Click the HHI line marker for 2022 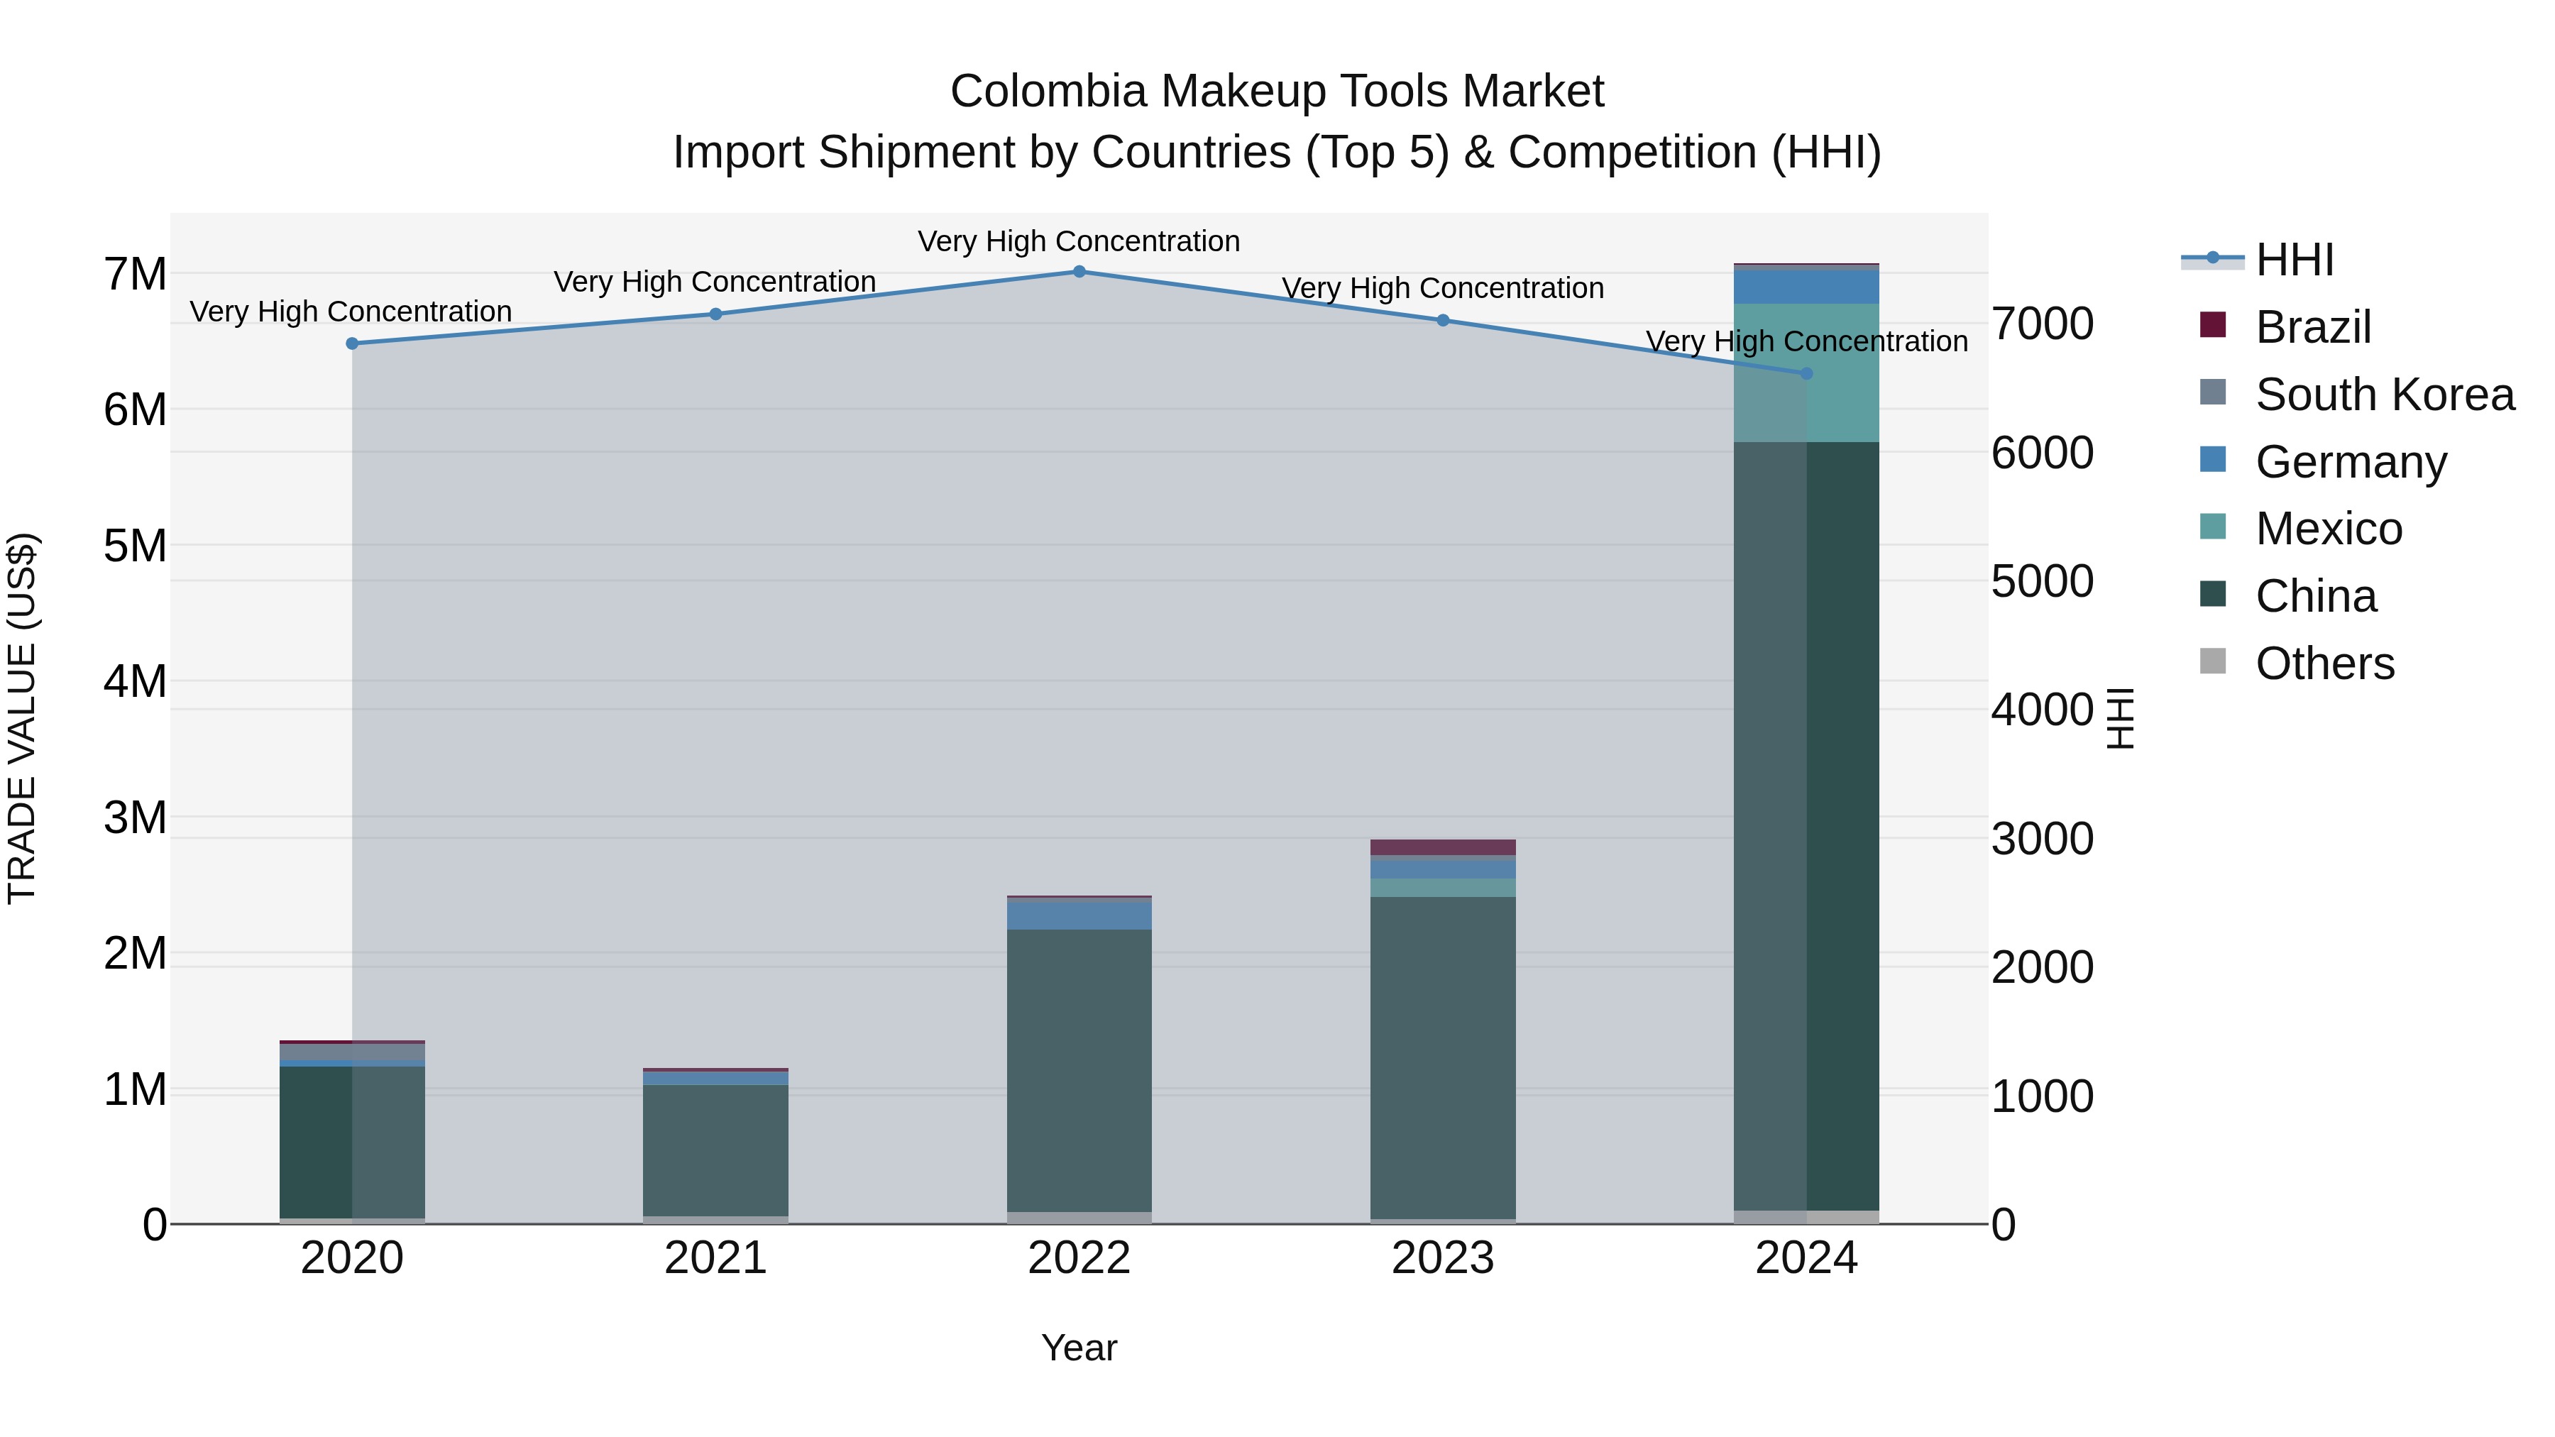point(1079,271)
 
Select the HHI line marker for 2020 point(352,343)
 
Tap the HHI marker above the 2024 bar point(1806,374)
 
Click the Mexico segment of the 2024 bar point(1806,407)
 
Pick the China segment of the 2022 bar point(1079,1071)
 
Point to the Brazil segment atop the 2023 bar point(1443,847)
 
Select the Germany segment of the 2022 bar point(1079,915)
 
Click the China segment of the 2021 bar point(715,1150)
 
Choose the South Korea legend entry point(2385,395)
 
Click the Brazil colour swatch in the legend point(2213,325)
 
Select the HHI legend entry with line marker point(2294,260)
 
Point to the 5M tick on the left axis point(135,546)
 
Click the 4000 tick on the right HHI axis point(2042,710)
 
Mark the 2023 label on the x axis point(1443,1257)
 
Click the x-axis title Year point(1079,1348)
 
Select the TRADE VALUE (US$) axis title point(22,718)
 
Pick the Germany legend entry point(2351,462)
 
